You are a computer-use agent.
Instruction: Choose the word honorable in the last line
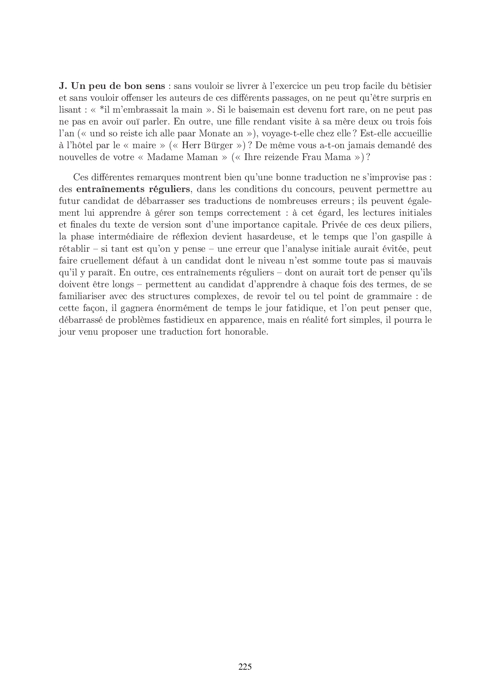(247, 331)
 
